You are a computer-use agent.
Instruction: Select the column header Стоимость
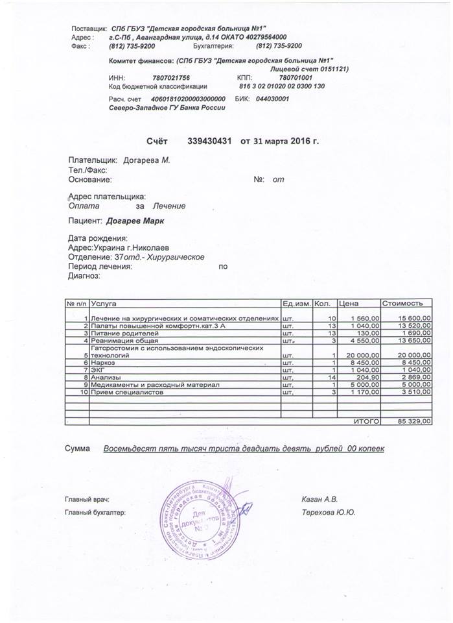pyautogui.click(x=403, y=303)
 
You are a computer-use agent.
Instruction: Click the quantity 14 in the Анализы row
pyautogui.click(x=329, y=377)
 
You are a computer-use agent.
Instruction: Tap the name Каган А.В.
pyautogui.click(x=320, y=500)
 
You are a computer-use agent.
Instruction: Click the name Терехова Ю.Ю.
pyautogui.click(x=328, y=512)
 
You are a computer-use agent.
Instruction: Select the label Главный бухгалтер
pyautogui.click(x=95, y=513)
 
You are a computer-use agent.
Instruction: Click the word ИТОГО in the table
pyautogui.click(x=366, y=422)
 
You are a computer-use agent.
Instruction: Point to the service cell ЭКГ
pyautogui.click(x=99, y=370)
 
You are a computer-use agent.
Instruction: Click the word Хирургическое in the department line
pyautogui.click(x=176, y=257)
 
